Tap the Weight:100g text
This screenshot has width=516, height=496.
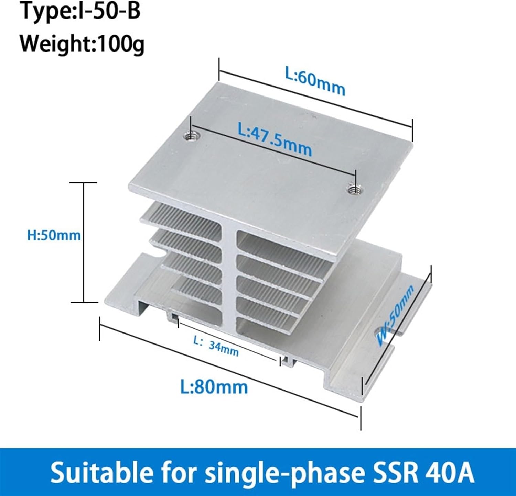[x=82, y=44]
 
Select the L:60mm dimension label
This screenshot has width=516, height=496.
[x=315, y=81]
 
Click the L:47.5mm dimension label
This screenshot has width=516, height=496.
[x=275, y=139]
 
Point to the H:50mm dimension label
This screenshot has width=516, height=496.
[x=54, y=236]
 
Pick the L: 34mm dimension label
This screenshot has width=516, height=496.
[x=216, y=346]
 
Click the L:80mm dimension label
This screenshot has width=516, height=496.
[x=214, y=387]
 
